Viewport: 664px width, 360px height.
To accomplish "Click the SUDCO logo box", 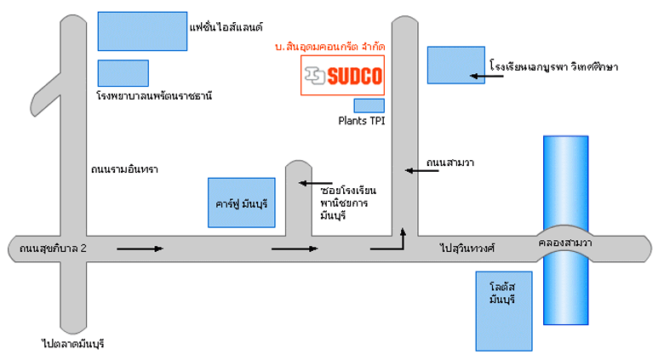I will tap(343, 76).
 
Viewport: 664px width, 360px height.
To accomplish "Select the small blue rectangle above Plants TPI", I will tap(369, 106).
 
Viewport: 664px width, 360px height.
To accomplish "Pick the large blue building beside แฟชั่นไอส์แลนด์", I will tap(142, 31).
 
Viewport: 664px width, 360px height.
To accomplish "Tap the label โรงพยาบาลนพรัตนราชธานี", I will tap(153, 96).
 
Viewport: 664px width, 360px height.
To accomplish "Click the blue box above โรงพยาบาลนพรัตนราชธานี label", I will tap(123, 73).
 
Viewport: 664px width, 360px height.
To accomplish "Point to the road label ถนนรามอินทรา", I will tap(125, 168).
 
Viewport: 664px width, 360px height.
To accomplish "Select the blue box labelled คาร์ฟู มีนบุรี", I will tap(242, 203).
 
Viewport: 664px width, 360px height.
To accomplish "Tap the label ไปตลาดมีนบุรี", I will tap(77, 344).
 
